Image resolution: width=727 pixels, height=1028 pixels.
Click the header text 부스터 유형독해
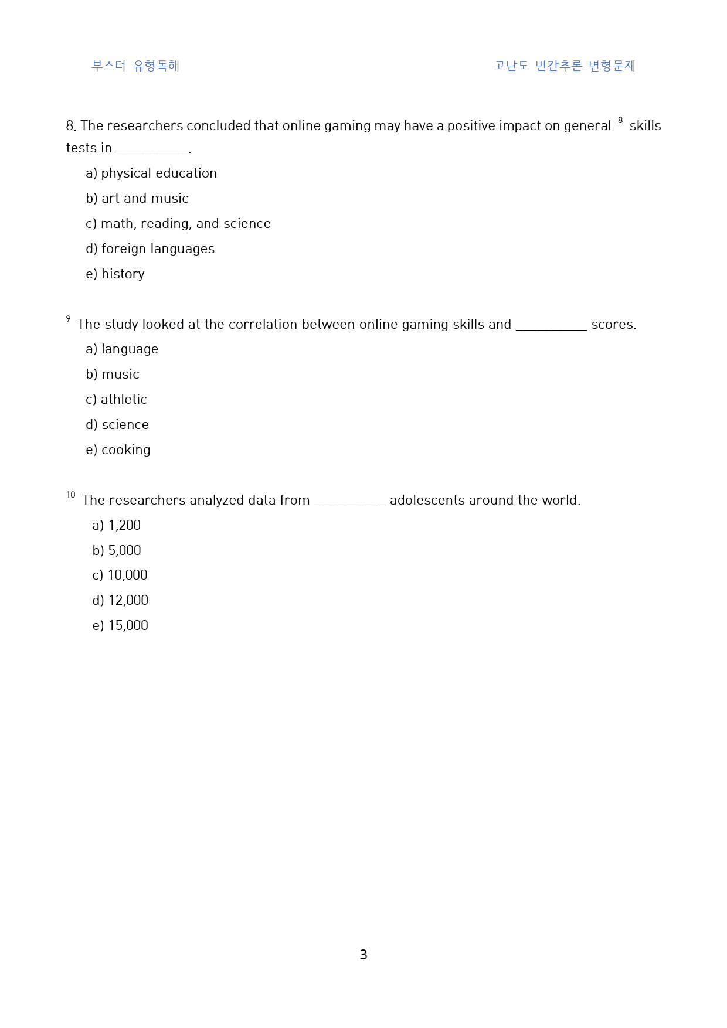click(x=135, y=66)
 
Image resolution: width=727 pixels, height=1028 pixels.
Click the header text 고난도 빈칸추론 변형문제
click(x=564, y=66)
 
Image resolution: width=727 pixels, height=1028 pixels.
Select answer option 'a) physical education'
click(x=151, y=173)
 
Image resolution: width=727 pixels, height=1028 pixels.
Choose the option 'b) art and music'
click(x=137, y=199)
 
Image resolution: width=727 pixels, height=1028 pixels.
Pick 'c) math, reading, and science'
click(x=178, y=224)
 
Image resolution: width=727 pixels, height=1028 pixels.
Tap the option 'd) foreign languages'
click(x=150, y=249)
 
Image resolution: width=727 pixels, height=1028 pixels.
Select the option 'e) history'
click(x=115, y=274)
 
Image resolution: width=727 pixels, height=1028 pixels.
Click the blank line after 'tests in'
click(x=152, y=150)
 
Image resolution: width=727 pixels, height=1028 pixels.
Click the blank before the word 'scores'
click(x=551, y=326)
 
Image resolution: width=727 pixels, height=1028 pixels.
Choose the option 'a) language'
click(x=122, y=349)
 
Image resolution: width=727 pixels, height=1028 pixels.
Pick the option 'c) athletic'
click(x=116, y=400)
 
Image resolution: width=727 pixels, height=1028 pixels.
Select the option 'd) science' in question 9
click(x=117, y=425)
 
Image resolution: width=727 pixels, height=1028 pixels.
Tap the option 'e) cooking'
click(x=118, y=450)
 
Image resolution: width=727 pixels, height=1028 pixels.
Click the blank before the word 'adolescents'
click(x=350, y=502)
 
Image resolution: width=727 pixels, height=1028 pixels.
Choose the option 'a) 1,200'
click(x=117, y=526)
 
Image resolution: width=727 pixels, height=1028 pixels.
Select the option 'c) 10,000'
click(x=120, y=576)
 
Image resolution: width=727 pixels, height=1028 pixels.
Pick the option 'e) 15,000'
click(x=120, y=626)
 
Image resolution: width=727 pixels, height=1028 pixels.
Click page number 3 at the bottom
click(x=363, y=955)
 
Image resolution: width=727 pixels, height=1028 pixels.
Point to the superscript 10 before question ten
click(x=71, y=495)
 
